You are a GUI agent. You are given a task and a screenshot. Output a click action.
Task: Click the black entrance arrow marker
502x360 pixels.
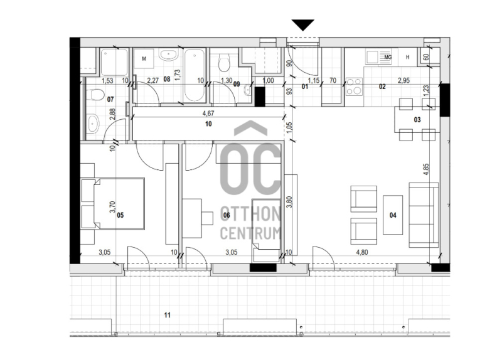pyautogui.click(x=302, y=25)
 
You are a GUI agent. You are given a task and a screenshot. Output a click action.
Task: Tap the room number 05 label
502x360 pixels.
pyautogui.click(x=120, y=215)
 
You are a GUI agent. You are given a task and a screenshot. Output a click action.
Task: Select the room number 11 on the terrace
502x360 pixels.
pyautogui.click(x=167, y=315)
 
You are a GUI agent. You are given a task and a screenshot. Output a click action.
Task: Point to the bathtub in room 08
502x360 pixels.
pyautogui.click(x=195, y=75)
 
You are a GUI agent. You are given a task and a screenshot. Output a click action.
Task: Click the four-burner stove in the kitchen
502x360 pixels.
pyautogui.click(x=354, y=87)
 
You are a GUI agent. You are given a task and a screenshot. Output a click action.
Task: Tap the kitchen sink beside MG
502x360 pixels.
pyautogui.click(x=372, y=58)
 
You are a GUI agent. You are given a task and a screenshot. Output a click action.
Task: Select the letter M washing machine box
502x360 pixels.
pyautogui.click(x=144, y=58)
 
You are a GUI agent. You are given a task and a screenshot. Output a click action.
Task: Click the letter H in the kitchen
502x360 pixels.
pyautogui.click(x=407, y=57)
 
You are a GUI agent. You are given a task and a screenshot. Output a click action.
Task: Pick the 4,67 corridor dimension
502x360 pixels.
pyautogui.click(x=208, y=113)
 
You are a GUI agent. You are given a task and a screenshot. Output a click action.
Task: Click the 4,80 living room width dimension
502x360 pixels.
pyautogui.click(x=362, y=252)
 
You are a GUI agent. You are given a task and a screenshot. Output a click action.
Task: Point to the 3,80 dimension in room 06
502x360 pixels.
pyautogui.click(x=289, y=202)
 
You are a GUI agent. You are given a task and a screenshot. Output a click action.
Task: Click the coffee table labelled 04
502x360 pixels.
pyautogui.click(x=393, y=215)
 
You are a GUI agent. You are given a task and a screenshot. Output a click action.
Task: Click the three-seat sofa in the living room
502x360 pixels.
pyautogui.click(x=424, y=215)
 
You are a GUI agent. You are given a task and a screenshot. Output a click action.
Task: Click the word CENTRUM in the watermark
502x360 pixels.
pyautogui.click(x=250, y=233)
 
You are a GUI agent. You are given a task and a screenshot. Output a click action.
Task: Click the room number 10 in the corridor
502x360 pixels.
pyautogui.click(x=208, y=124)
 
